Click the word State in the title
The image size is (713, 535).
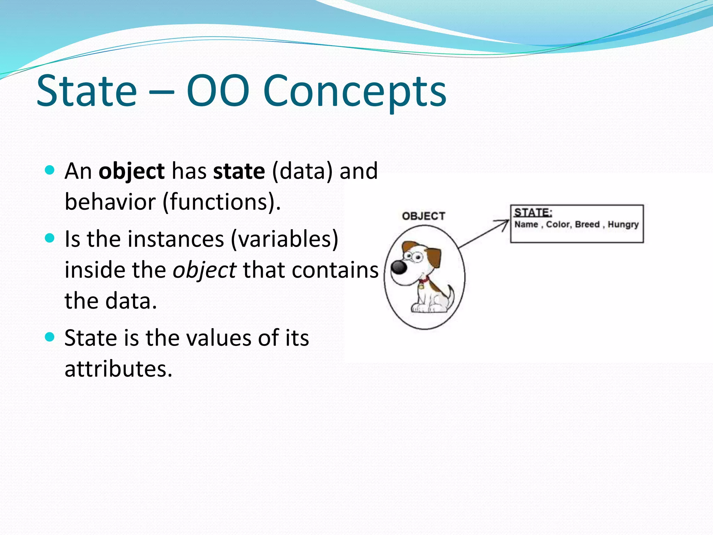tap(87, 91)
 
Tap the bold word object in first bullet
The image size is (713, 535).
tap(131, 171)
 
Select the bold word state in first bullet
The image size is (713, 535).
tap(239, 171)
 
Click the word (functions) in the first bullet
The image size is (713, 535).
tap(221, 202)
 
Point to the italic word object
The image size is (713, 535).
tap(204, 270)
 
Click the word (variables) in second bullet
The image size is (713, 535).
tap(284, 239)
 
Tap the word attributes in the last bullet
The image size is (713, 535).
tap(118, 369)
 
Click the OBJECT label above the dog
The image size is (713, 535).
tap(423, 216)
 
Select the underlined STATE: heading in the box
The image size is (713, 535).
tap(533, 212)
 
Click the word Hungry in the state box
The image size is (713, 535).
tap(623, 225)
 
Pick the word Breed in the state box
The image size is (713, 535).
tap(587, 225)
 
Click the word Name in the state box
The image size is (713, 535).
tap(526, 225)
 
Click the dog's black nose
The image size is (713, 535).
tap(399, 267)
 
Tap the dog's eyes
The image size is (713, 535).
tap(414, 257)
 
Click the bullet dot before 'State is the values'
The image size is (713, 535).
tap(50, 337)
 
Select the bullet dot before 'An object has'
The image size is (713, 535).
tap(50, 170)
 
